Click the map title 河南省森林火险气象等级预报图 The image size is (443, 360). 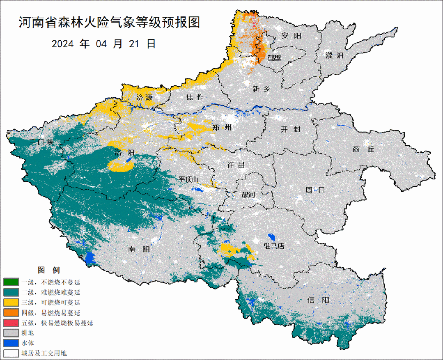click(109, 23)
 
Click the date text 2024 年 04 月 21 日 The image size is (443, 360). click(103, 44)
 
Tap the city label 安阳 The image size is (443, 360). click(291, 36)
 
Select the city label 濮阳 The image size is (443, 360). click(334, 55)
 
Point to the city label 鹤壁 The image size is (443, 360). click(275, 57)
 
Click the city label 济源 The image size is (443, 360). click(144, 98)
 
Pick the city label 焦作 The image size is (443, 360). click(195, 97)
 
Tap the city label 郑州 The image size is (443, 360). click(222, 128)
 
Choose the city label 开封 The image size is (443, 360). click(291, 129)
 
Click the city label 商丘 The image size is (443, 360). click(363, 149)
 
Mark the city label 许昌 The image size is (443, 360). click(236, 165)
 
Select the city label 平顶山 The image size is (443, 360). click(188, 179)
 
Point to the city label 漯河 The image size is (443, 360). click(248, 194)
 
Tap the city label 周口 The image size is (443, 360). click(315, 190)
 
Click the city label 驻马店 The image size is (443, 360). click(273, 246)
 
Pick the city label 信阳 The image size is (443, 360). click(318, 300)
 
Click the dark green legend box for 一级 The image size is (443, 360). click(11, 282)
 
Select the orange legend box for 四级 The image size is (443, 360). click(11, 312)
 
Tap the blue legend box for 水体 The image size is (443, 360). click(11, 343)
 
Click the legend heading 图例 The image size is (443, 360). click(49, 271)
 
